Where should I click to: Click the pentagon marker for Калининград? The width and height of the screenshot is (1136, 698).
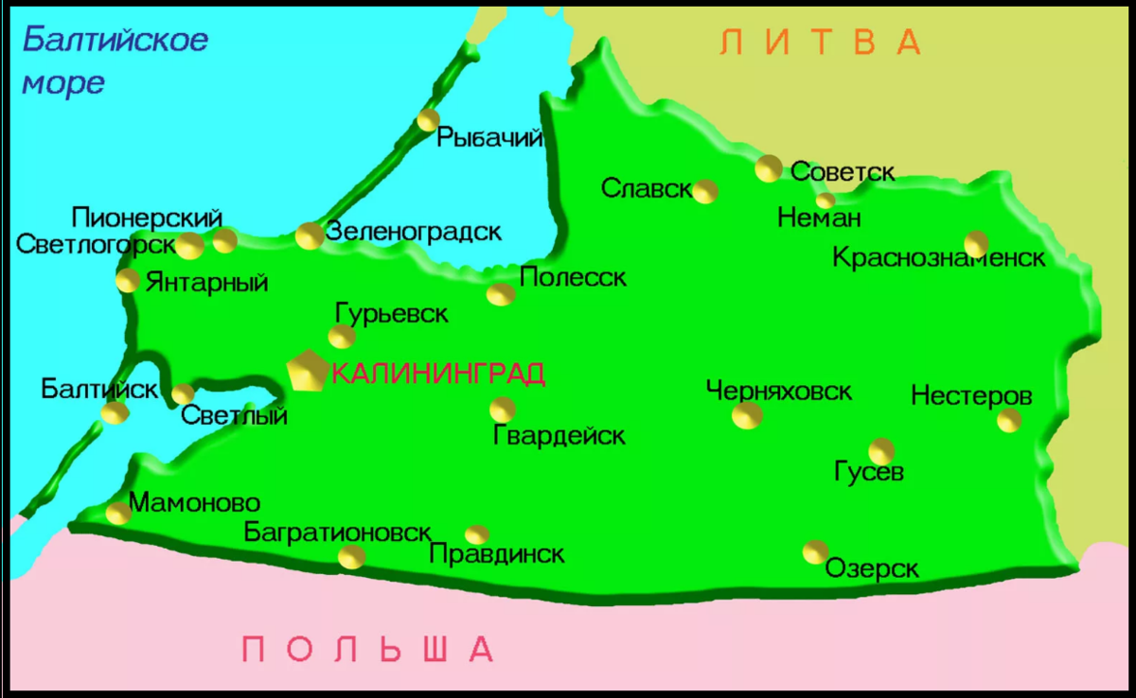pos(307,370)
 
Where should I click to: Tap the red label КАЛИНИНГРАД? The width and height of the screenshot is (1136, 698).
pos(439,375)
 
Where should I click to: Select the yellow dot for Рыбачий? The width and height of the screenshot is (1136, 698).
pos(428,120)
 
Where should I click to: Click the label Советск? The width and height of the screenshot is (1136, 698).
pos(843,172)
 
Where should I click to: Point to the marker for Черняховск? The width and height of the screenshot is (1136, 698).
pos(747,415)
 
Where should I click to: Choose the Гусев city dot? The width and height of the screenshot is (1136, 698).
pos(881,451)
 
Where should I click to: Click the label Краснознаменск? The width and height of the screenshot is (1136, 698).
pos(939,257)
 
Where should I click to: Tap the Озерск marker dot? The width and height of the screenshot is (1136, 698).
pos(815,551)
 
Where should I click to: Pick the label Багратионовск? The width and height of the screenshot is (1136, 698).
pos(338,532)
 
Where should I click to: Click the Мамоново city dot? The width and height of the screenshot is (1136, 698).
pos(118,514)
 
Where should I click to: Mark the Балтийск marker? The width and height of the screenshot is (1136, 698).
pos(115,413)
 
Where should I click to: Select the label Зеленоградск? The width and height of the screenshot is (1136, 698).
pos(413,232)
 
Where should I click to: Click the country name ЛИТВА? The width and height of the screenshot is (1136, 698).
pos(820,43)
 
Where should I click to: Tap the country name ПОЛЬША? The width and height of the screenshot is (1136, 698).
pos(368,650)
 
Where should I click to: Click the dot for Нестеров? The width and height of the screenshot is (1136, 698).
pos(1009,420)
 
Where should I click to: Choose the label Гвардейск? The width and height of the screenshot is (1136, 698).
pos(559,436)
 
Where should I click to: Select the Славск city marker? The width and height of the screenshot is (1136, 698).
pos(705,192)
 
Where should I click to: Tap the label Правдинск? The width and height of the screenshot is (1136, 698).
pos(497,554)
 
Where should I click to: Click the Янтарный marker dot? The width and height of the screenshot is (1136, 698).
pos(128,280)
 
